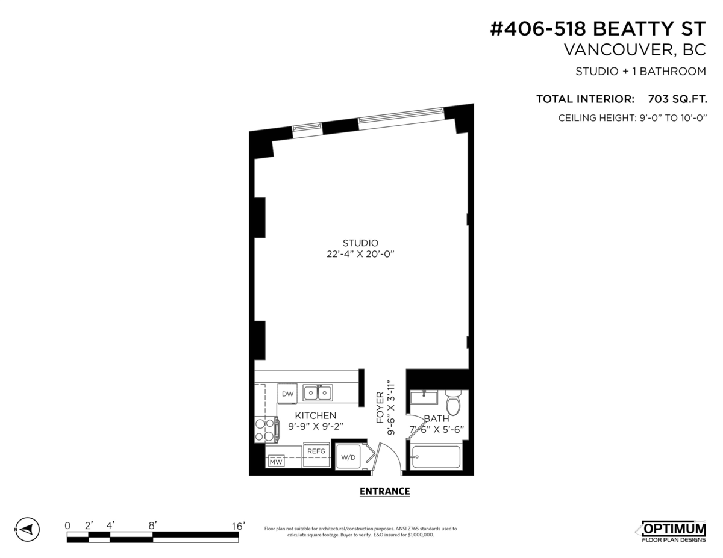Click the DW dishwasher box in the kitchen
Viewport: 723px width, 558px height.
[x=287, y=394]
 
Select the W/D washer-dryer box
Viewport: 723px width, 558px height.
[x=348, y=457]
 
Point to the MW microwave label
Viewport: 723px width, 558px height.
[x=275, y=462]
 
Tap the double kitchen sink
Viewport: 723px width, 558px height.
[x=317, y=393]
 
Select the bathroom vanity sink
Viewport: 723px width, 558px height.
[x=424, y=398]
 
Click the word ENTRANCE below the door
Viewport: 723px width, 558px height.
[x=384, y=491]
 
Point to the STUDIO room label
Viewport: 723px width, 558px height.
[x=360, y=243]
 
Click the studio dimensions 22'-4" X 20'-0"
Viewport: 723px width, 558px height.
[x=360, y=254]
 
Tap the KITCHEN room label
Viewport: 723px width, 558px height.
[x=315, y=415]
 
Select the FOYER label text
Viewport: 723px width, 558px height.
[x=380, y=408]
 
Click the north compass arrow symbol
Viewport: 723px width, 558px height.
[x=27, y=530]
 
